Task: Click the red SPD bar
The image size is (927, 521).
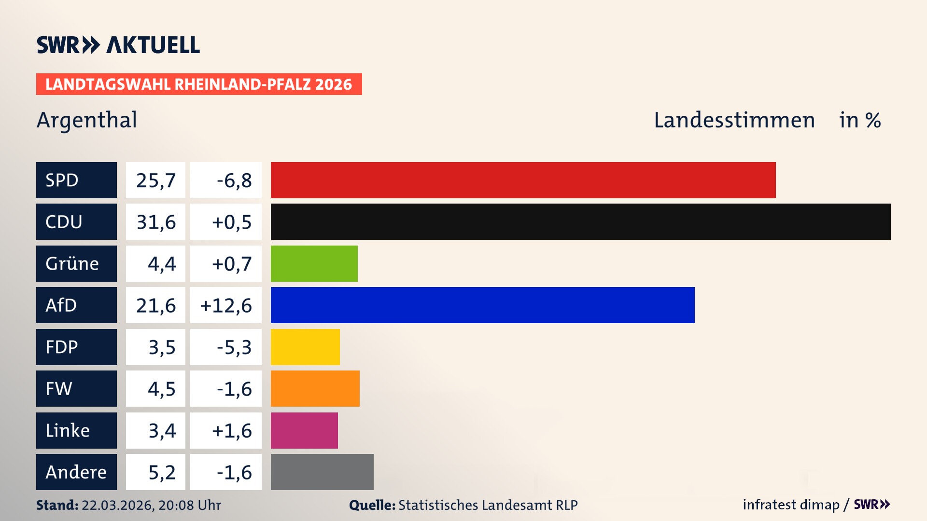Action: coord(523,180)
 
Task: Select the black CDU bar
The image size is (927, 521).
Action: coord(580,222)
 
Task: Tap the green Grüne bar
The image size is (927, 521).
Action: coord(314,263)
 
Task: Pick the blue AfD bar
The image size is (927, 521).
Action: coord(482,305)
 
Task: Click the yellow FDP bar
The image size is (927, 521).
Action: coord(305,347)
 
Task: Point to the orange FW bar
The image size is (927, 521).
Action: coord(315,389)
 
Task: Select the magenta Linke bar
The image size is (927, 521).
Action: coord(304,430)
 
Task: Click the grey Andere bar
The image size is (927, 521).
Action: coord(322,472)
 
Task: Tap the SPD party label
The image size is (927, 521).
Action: coord(76,180)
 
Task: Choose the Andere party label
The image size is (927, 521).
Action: coord(76,472)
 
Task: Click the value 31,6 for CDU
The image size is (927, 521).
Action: coord(155,222)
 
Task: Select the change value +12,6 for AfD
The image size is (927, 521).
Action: coord(226,305)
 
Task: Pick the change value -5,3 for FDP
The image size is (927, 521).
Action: coord(234,347)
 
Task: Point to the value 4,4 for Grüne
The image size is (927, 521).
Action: coord(161,263)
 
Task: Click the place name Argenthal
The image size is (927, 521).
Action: coord(87,120)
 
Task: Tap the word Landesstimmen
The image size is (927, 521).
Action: coord(734,120)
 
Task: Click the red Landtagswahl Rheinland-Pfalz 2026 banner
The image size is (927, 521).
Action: coord(199,84)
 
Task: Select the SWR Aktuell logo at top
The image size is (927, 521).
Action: coord(118,45)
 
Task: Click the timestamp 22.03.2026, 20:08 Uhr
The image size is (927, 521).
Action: coord(151,505)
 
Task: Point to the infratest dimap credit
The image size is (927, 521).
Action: coord(791,505)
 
